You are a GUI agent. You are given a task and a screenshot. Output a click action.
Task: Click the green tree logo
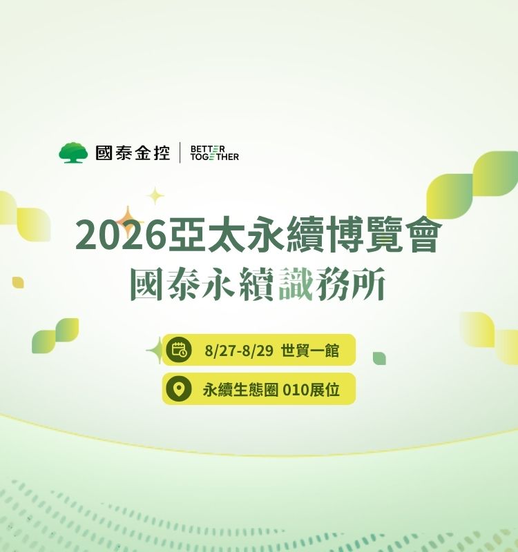[x=73, y=152]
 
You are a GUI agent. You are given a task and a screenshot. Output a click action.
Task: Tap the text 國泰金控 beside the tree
[x=133, y=152]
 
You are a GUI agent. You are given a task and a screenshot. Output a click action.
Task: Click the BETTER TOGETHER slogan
[x=214, y=152]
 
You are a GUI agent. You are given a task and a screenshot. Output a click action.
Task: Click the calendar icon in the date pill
[x=179, y=350]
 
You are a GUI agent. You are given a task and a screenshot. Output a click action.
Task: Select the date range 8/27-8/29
[x=239, y=351]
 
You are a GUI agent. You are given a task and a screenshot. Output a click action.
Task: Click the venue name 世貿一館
[x=310, y=351]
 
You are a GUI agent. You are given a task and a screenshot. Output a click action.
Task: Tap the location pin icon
[x=179, y=388]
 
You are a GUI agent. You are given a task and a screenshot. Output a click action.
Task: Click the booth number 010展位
[x=311, y=390]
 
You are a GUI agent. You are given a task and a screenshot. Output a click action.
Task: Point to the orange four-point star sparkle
[x=128, y=221]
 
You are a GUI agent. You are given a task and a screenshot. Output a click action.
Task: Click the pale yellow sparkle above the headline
[x=155, y=196]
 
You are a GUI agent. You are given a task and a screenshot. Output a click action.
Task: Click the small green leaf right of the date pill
[x=379, y=358]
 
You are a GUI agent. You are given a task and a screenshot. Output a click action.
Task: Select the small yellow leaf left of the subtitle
[x=18, y=282]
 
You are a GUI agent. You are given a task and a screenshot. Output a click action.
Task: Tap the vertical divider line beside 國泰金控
[x=180, y=152]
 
